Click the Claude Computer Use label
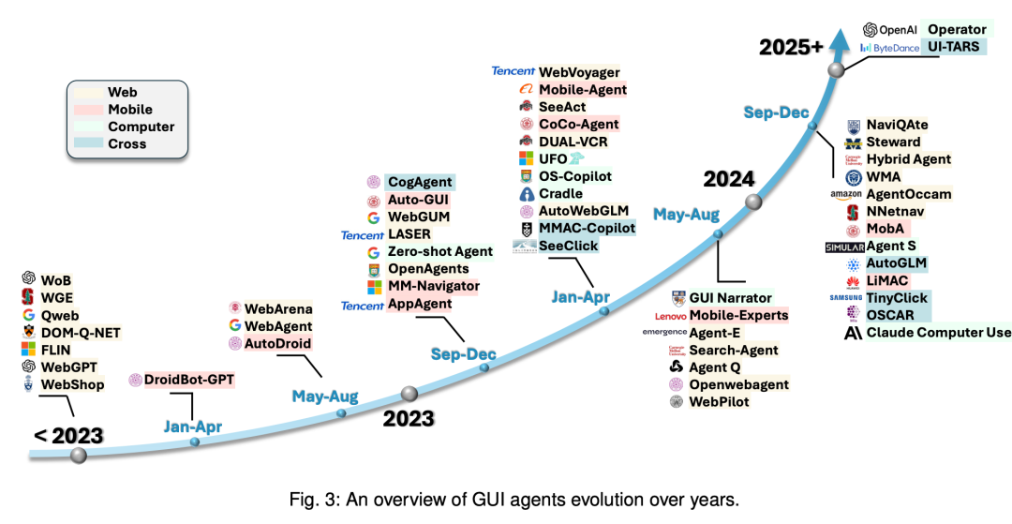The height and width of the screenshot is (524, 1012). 939,333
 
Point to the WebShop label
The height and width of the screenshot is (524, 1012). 73,384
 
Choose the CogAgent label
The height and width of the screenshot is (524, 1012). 421,183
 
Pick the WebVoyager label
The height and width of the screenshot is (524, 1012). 579,72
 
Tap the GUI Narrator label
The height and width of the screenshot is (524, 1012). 730,298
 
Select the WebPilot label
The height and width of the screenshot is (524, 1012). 719,402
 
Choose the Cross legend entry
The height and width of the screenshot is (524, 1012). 127,144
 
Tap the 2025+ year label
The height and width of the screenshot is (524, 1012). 791,46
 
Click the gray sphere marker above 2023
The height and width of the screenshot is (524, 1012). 409,394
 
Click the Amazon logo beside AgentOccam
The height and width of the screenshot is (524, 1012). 844,194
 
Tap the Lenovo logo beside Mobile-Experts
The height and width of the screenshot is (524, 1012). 664,316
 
